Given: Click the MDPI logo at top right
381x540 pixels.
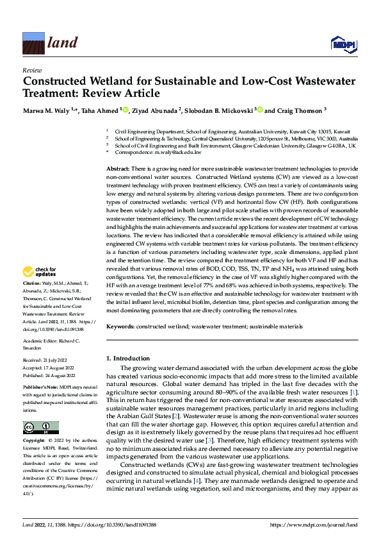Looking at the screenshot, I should coord(343,44).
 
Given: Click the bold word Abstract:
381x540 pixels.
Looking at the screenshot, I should coord(119,167).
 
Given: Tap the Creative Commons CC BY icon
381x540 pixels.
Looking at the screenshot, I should coord(41,409).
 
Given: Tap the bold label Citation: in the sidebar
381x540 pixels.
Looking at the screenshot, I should coord(33,300).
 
